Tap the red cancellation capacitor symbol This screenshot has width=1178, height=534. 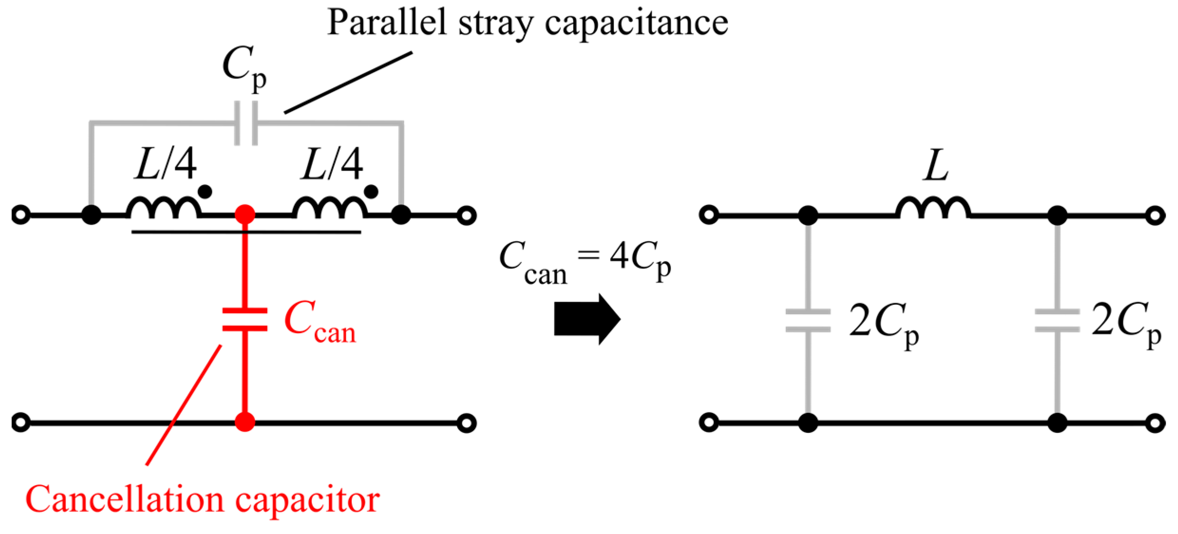point(245,319)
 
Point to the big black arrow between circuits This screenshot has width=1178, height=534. point(587,319)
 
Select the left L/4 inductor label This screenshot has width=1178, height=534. point(165,164)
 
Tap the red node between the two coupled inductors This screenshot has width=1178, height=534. point(245,215)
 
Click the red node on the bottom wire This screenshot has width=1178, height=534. point(245,422)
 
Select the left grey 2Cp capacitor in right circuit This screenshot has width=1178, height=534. point(808,320)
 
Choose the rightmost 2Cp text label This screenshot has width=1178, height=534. point(1126,323)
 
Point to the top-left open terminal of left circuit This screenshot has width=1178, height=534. point(20,215)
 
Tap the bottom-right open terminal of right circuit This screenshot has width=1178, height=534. point(1155,422)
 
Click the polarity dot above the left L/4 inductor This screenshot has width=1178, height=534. point(205,192)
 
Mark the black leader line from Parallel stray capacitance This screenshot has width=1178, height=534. point(348,83)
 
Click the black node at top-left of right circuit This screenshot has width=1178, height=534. point(808,215)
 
